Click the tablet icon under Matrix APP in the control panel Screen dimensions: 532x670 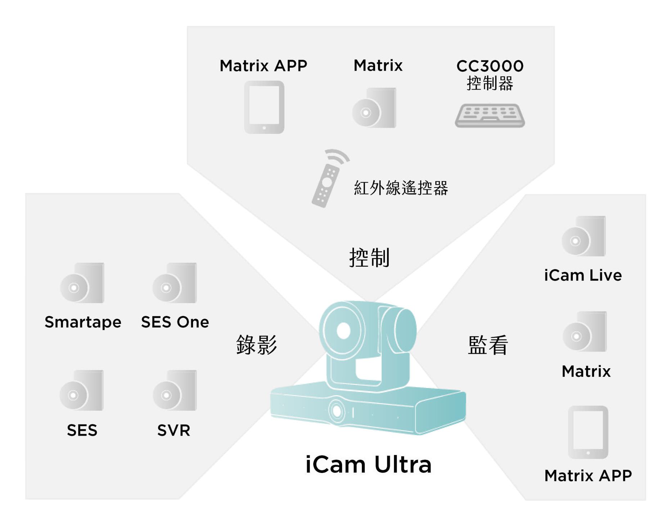click(264, 107)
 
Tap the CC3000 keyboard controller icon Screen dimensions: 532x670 click(490, 116)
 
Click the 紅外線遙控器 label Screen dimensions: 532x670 click(401, 188)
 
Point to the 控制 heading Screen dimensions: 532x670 click(369, 257)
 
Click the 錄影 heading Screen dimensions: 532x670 click(256, 344)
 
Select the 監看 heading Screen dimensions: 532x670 click(488, 345)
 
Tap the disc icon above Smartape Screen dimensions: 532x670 click(82, 283)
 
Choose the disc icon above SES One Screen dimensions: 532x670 click(175, 283)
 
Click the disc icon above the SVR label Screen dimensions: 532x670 click(175, 391)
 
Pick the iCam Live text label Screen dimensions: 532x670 click(583, 275)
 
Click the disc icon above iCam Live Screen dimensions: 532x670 click(584, 236)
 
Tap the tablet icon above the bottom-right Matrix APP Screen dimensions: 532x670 click(588, 432)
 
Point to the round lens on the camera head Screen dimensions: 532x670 click(343, 330)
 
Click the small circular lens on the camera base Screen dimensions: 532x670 click(337, 411)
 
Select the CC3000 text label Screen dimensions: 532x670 click(490, 66)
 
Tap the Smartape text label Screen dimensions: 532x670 click(83, 322)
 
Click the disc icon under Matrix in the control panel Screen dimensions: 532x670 click(374, 108)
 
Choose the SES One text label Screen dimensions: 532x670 click(175, 322)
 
